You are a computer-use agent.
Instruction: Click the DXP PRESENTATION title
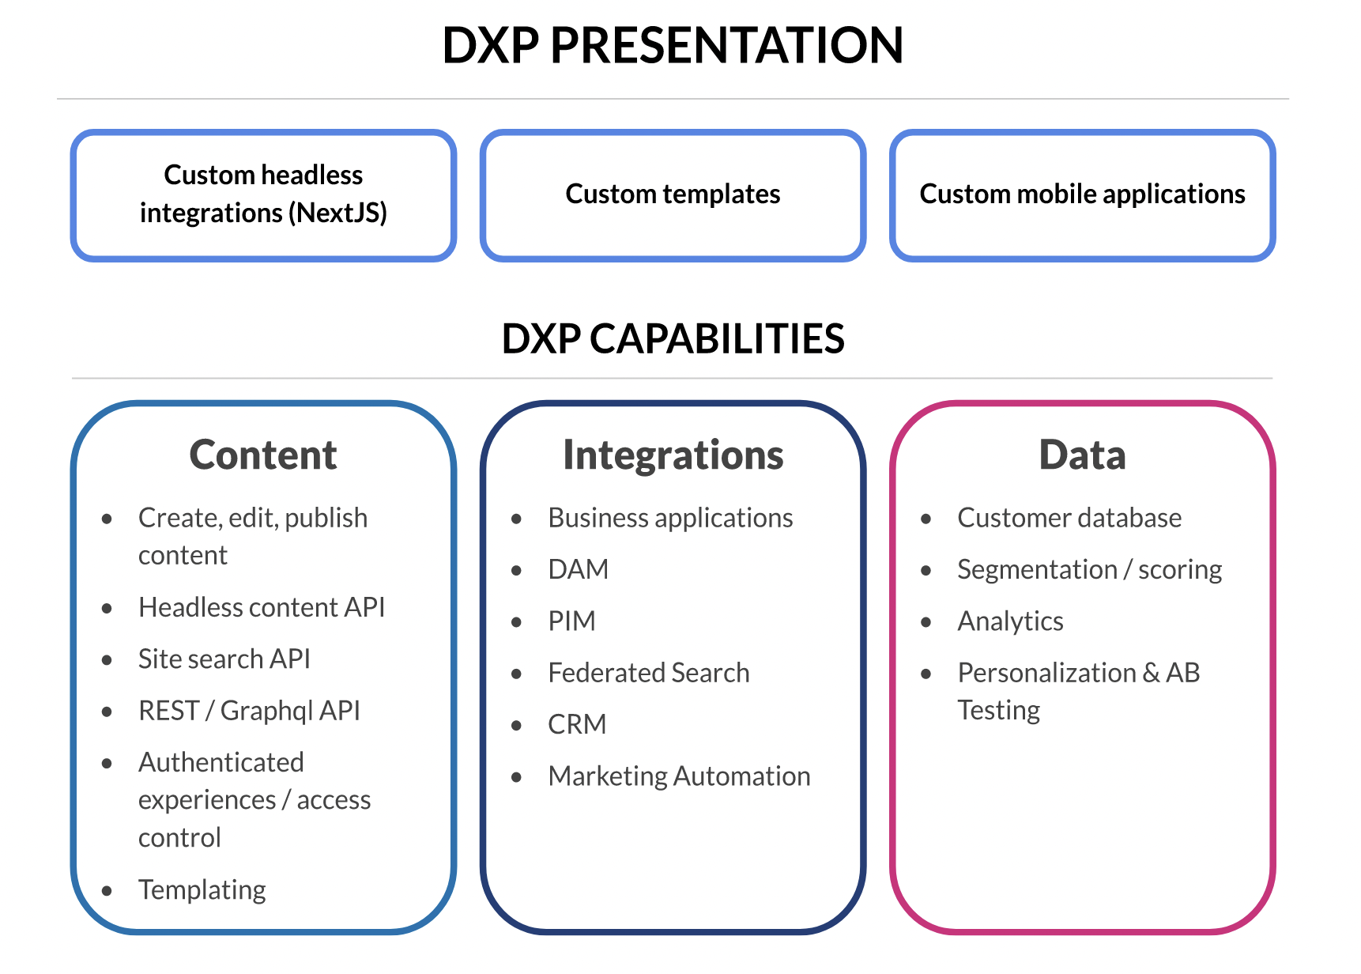click(x=673, y=45)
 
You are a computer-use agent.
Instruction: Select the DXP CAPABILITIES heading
click(x=673, y=339)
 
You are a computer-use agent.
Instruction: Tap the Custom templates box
click(x=673, y=194)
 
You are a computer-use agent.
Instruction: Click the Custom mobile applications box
click(x=1082, y=194)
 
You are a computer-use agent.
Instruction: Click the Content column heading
click(x=263, y=455)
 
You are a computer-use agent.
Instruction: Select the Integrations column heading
click(x=673, y=455)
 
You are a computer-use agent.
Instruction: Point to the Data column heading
click(x=1082, y=455)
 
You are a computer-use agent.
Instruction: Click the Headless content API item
click(x=262, y=607)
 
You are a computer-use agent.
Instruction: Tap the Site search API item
click(x=224, y=659)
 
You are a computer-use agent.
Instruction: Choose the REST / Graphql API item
click(x=249, y=711)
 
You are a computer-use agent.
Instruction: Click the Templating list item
click(x=202, y=890)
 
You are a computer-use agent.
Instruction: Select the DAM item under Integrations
click(x=578, y=569)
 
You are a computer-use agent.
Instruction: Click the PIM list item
click(x=571, y=621)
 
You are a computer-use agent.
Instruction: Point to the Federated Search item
click(x=648, y=673)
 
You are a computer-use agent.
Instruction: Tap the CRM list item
click(x=577, y=724)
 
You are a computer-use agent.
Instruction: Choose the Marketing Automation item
click(x=679, y=776)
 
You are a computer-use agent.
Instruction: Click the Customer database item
click(x=1069, y=518)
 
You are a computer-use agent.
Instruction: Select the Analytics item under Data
click(x=1010, y=621)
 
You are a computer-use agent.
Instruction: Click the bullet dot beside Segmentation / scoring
click(x=926, y=570)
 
